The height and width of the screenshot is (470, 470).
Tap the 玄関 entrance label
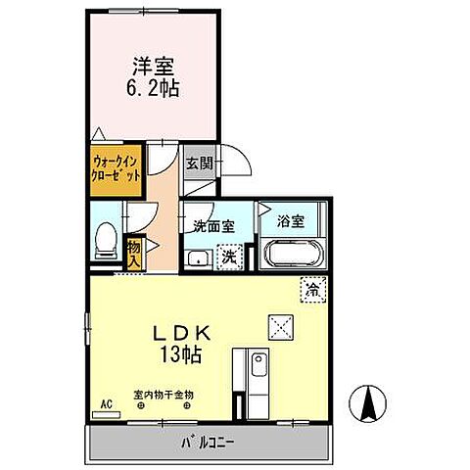[200, 164]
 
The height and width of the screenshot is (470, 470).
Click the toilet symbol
[106, 241]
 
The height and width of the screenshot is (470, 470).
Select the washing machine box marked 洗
[227, 258]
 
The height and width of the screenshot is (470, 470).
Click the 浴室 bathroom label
[290, 221]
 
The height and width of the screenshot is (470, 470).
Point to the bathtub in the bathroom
[294, 255]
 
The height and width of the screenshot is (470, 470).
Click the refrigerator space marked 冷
[312, 290]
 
